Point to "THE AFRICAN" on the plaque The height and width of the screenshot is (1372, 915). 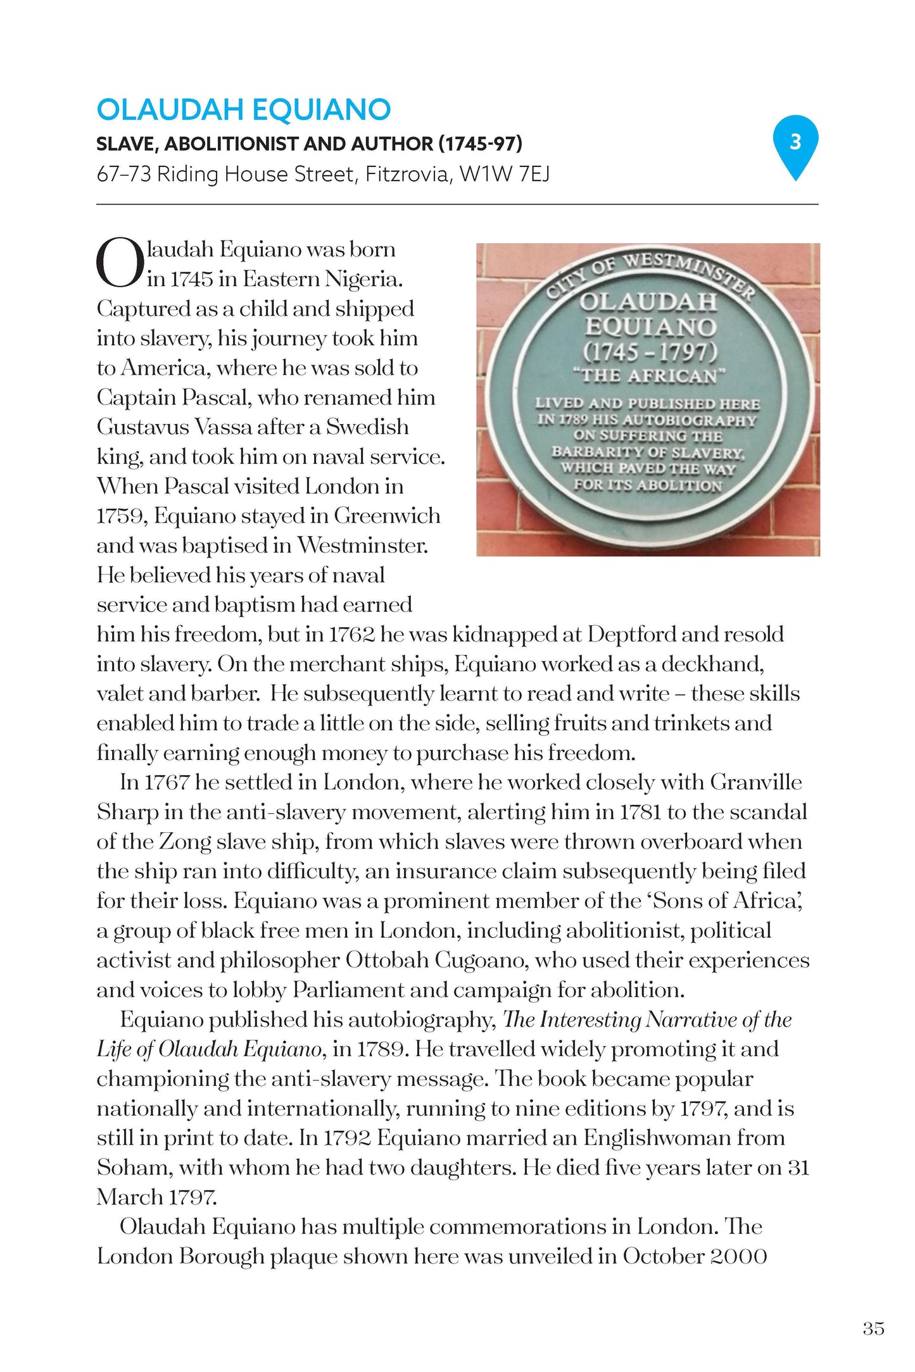(x=647, y=376)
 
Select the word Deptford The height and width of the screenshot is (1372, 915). (x=644, y=634)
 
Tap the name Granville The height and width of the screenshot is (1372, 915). (x=755, y=783)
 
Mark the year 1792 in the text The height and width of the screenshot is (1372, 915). (x=347, y=1138)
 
